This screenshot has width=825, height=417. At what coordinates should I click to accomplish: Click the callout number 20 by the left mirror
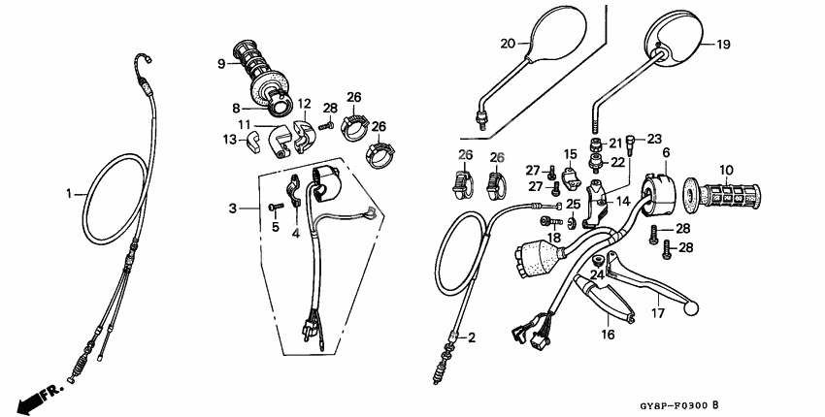(508, 43)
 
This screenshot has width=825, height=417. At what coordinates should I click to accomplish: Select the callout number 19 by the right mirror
(723, 45)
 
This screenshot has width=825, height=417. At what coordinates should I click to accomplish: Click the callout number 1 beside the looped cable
(69, 194)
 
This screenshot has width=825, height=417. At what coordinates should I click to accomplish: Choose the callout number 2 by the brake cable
(472, 337)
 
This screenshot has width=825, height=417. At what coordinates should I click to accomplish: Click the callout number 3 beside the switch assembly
(232, 208)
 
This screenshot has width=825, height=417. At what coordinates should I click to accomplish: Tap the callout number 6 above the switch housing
(667, 153)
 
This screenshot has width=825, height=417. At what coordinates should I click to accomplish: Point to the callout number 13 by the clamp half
(229, 140)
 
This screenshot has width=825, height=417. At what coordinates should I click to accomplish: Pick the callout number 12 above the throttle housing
(304, 104)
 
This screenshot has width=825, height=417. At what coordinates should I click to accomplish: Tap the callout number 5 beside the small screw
(275, 228)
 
